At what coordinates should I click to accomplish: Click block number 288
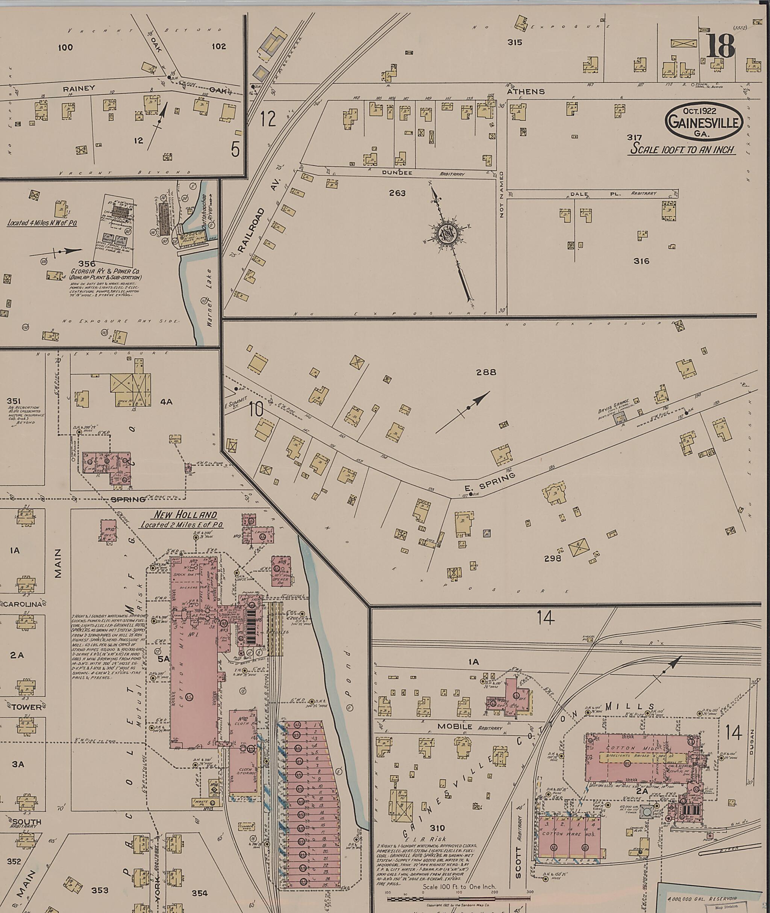pyautogui.click(x=486, y=372)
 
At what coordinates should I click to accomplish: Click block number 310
pyautogui.click(x=437, y=828)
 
